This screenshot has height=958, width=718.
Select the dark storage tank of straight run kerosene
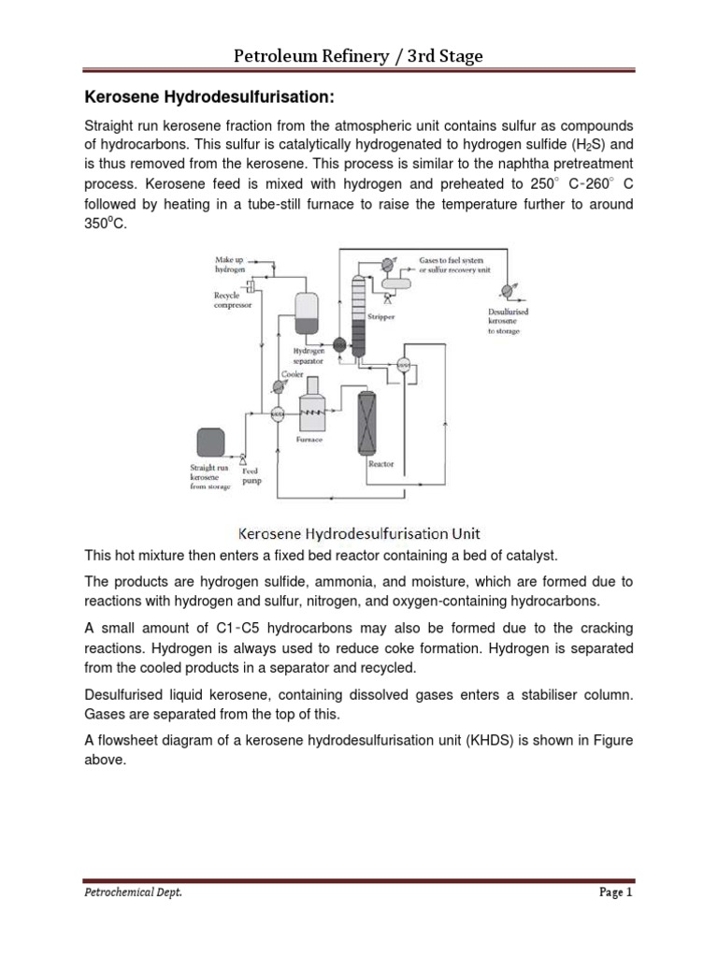pyautogui.click(x=209, y=443)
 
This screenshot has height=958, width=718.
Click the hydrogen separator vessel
pyautogui.click(x=306, y=312)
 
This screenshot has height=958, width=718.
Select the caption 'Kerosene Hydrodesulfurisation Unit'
pyautogui.click(x=358, y=534)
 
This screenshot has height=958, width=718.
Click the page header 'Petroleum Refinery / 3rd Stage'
pyautogui.click(x=358, y=57)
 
